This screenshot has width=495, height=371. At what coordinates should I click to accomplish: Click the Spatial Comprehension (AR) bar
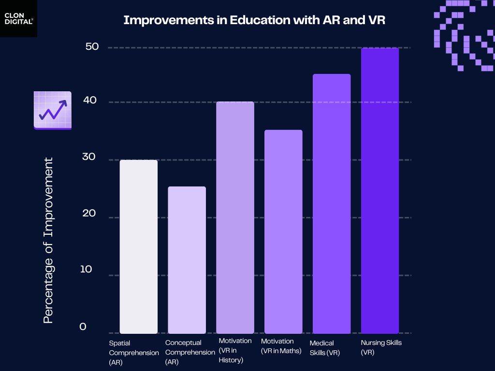(139, 246)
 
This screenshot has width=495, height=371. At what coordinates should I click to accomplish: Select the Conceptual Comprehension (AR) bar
(187, 260)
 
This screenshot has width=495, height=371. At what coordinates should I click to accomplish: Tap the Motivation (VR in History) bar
(235, 217)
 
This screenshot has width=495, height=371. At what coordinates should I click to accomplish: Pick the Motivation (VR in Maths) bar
(283, 232)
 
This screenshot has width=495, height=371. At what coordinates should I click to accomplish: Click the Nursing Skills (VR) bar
(380, 191)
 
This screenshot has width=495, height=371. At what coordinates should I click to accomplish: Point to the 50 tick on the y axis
(92, 47)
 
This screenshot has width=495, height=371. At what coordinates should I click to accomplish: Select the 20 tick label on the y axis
(89, 214)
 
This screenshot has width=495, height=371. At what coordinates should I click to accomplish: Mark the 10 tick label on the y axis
(86, 269)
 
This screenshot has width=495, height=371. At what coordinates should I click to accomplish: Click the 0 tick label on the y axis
(83, 327)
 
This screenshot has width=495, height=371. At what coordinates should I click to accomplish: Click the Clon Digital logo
(18, 18)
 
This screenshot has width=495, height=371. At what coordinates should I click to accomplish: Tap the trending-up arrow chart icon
(53, 111)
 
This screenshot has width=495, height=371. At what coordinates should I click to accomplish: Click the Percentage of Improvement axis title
(48, 240)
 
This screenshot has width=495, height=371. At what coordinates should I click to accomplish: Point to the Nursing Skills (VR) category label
(381, 347)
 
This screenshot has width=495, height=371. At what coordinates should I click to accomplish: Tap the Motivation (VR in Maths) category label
(281, 346)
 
